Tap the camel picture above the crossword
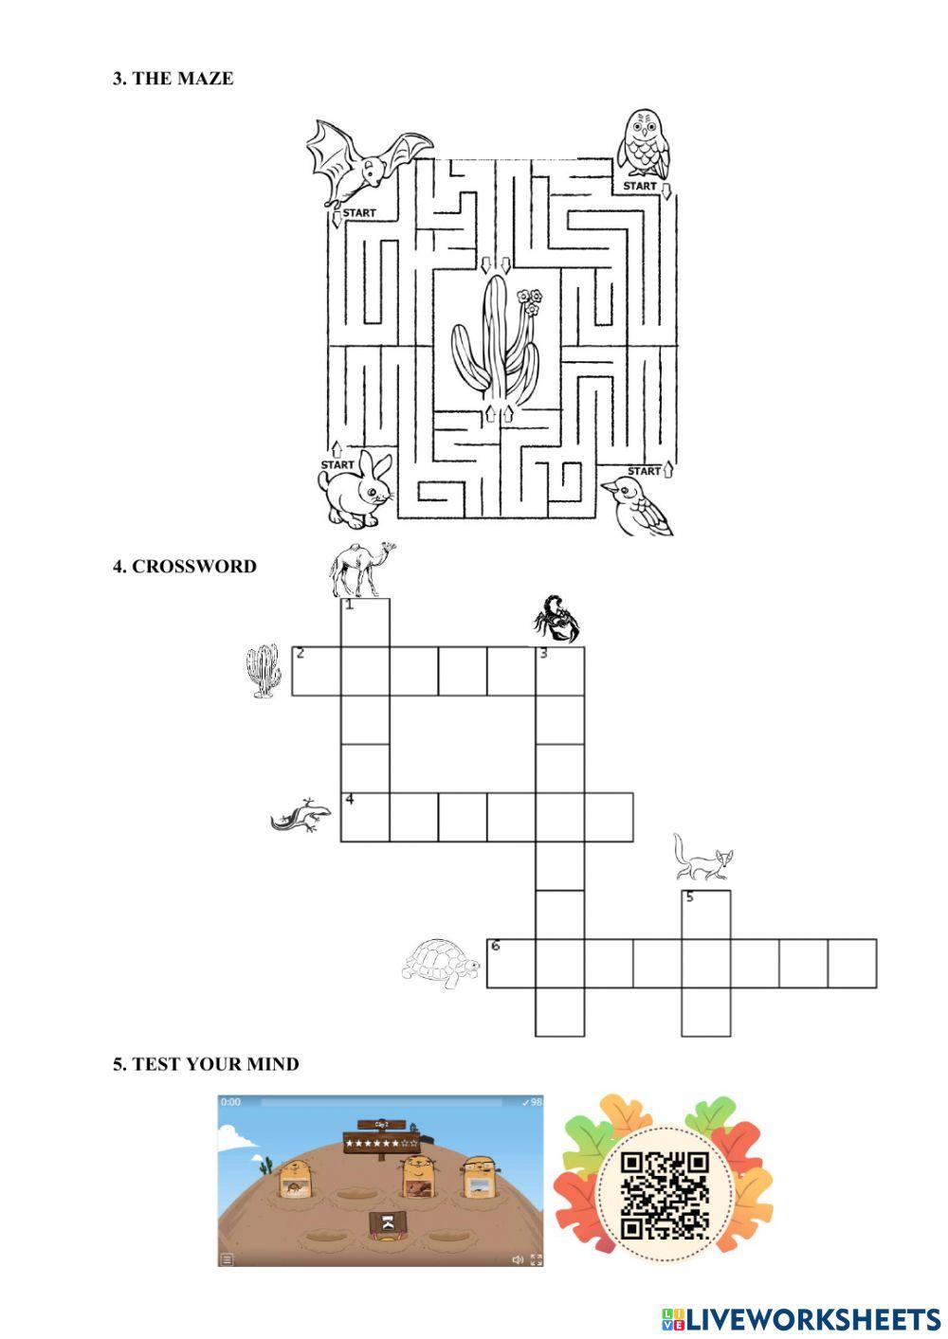pos(359,569)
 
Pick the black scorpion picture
pos(556,618)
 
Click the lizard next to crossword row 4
pos(301,814)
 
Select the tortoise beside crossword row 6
pos(442,964)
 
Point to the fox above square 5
pos(702,857)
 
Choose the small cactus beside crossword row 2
pos(264,670)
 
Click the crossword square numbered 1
pos(365,623)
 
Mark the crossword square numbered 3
pos(560,671)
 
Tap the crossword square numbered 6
pos(511,964)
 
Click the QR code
pos(665,1196)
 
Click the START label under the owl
pos(640,187)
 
